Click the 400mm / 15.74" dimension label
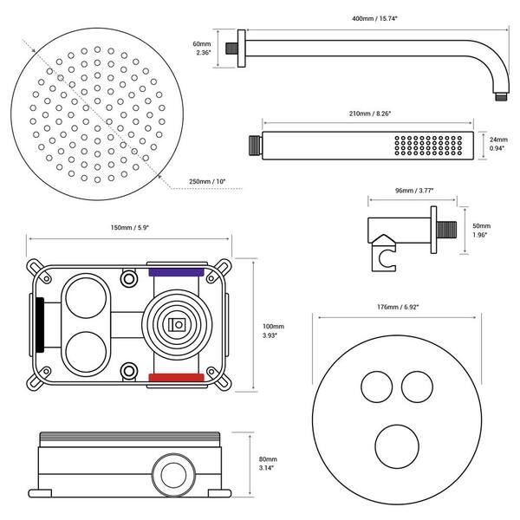[374, 18]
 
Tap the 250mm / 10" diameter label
[207, 181]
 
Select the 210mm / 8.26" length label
[370, 114]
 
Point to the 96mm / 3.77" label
[414, 191]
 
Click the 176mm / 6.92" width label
[398, 307]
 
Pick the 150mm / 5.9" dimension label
[130, 228]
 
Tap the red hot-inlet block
[176, 378]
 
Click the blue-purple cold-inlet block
[176, 272]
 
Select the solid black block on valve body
[40, 325]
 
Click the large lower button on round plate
[397, 446]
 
